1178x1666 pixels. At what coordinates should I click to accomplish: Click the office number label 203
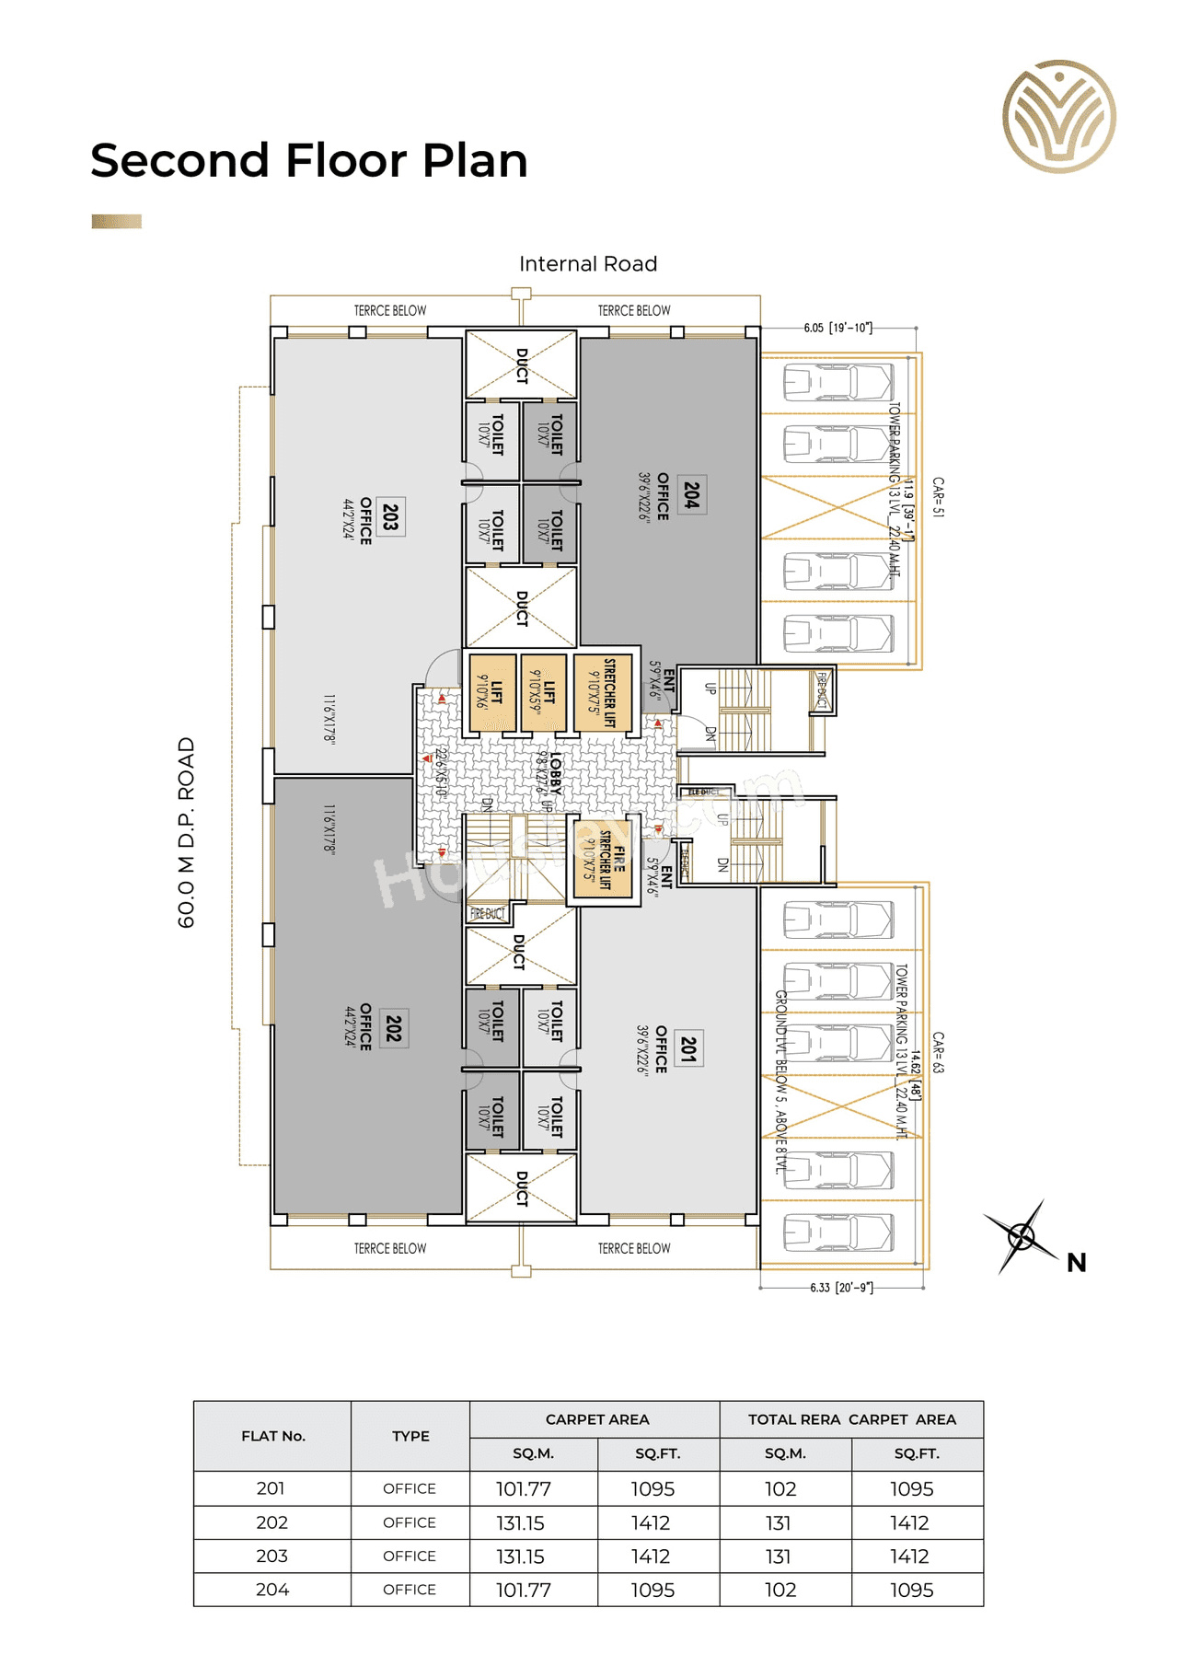[x=391, y=516]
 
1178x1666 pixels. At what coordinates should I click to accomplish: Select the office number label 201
[x=688, y=1047]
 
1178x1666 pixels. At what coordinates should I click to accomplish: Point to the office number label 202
[x=394, y=1028]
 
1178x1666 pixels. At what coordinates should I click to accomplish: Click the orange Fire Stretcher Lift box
[x=603, y=862]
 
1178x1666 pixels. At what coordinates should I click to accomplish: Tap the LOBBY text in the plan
[x=556, y=773]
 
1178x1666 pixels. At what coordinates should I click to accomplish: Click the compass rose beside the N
[x=1022, y=1236]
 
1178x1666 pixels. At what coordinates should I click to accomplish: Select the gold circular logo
[x=1058, y=117]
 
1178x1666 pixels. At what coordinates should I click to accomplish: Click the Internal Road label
[x=587, y=264]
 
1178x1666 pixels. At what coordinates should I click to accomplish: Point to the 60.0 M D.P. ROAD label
[x=187, y=832]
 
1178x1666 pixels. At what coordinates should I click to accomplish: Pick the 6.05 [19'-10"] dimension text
[x=837, y=328]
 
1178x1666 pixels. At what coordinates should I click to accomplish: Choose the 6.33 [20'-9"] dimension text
[x=841, y=1288]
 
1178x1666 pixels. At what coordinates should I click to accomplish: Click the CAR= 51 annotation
[x=938, y=497]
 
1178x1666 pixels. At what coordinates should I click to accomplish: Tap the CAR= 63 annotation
[x=938, y=1052]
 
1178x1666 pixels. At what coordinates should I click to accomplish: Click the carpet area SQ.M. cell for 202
[x=521, y=1523]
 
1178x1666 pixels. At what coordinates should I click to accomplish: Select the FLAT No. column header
[x=272, y=1436]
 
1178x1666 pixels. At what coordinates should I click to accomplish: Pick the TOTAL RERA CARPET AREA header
[x=851, y=1419]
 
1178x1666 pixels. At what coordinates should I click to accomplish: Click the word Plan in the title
[x=475, y=160]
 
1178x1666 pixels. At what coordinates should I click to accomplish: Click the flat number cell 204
[x=272, y=1590]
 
